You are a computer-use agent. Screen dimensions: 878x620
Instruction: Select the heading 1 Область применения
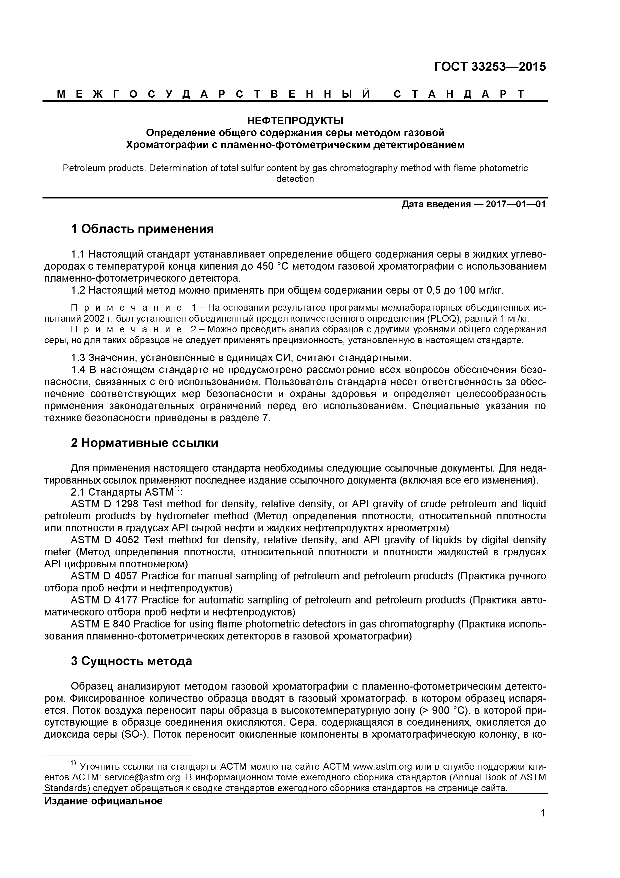click(142, 229)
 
